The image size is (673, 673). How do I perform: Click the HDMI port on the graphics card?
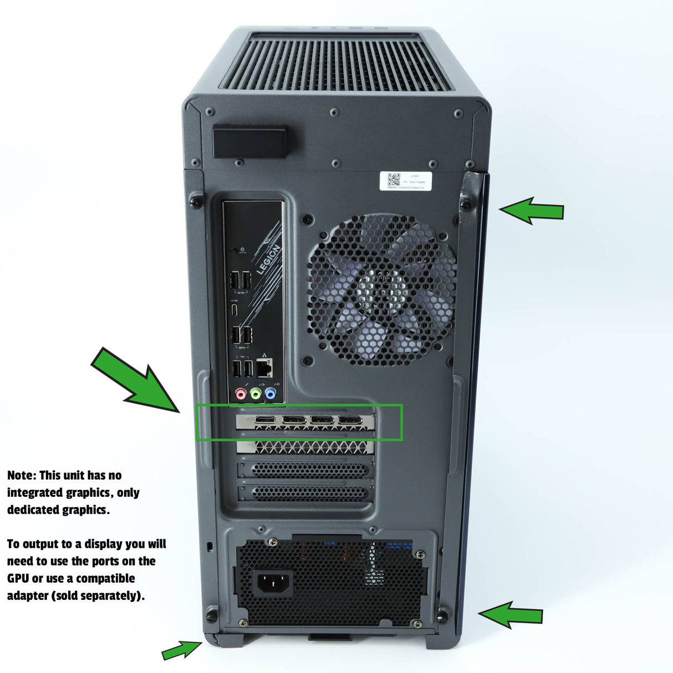[x=266, y=420]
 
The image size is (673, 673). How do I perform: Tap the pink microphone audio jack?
[x=241, y=394]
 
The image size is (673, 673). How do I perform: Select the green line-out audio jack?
[x=256, y=394]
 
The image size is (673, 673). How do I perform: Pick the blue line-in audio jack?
[x=270, y=394]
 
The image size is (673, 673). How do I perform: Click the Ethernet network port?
[x=265, y=367]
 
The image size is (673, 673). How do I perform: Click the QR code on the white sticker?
[x=394, y=180]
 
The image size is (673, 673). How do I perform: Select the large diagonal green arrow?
[x=136, y=380]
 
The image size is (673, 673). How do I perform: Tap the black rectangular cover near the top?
[x=249, y=142]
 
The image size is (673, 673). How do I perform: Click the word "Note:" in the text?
[x=22, y=476]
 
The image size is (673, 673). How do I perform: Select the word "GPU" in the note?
[x=18, y=579]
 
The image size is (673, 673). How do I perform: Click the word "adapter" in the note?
[x=28, y=596]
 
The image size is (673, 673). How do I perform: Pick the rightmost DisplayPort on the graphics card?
[x=350, y=420]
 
